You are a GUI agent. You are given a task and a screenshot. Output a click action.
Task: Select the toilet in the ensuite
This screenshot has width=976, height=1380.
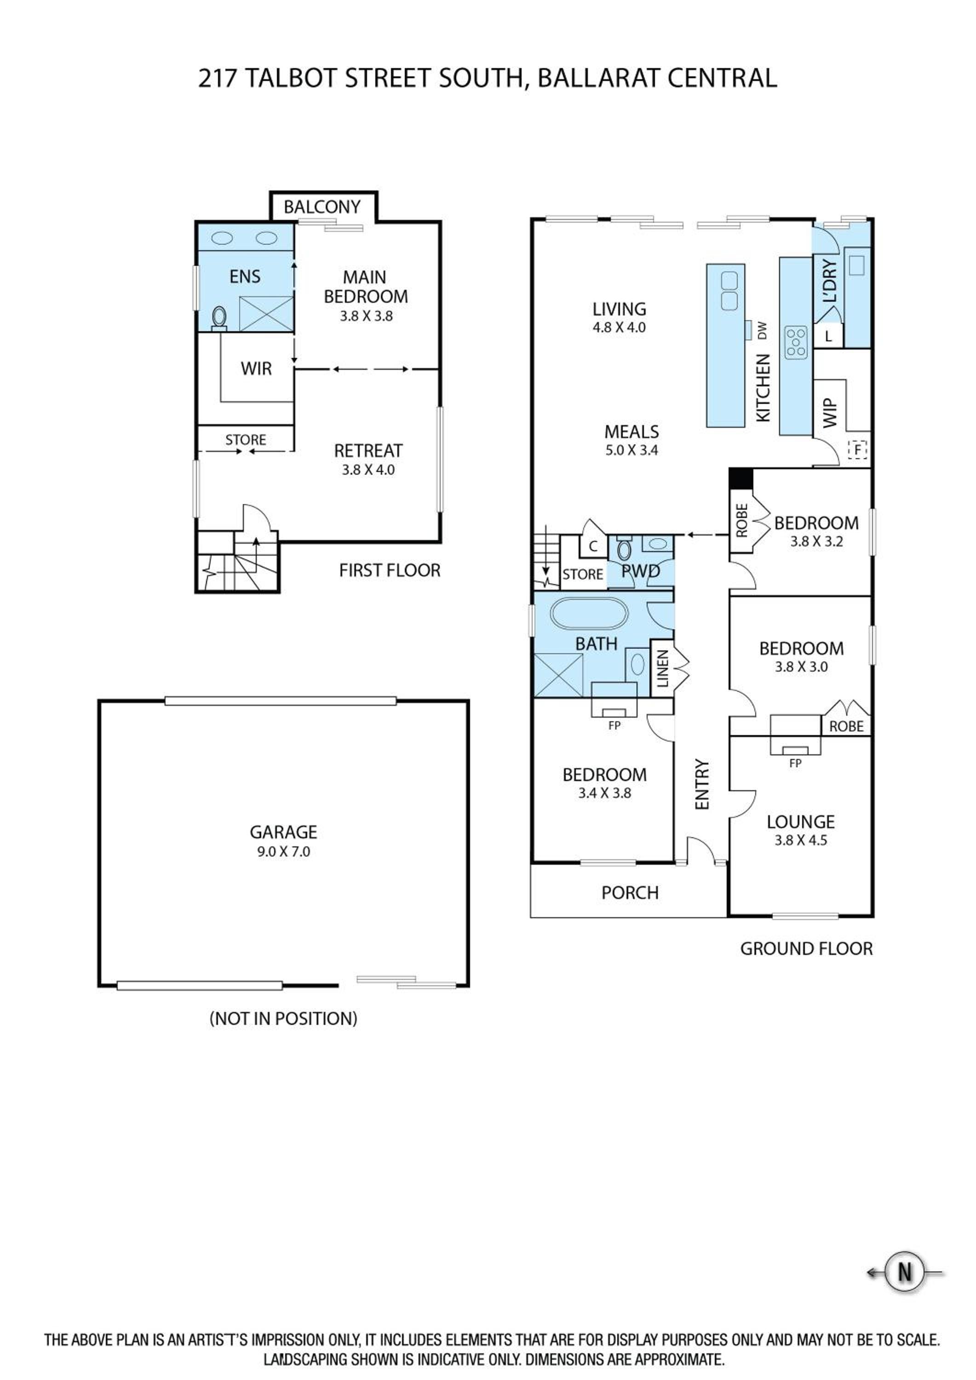click(x=219, y=318)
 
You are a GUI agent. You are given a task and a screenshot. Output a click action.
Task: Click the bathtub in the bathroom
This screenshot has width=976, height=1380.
click(x=590, y=614)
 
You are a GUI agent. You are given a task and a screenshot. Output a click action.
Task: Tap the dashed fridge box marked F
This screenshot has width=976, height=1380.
click(x=858, y=449)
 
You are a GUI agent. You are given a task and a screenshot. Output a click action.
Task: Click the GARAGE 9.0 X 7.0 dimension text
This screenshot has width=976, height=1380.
click(x=284, y=851)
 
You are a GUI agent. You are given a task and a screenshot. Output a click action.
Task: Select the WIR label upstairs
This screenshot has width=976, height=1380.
click(x=257, y=368)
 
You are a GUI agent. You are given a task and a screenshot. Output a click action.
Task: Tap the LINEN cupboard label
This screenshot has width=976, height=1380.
click(x=662, y=668)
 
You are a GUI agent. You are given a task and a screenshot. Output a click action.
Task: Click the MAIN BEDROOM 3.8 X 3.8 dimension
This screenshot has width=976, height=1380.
click(x=367, y=316)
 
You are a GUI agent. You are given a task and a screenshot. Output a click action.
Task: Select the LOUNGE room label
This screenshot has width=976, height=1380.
click(x=800, y=822)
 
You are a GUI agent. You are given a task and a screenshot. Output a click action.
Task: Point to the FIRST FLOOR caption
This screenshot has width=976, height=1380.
click(x=390, y=570)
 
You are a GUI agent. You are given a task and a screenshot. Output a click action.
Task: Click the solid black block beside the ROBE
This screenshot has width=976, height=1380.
click(x=741, y=478)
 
